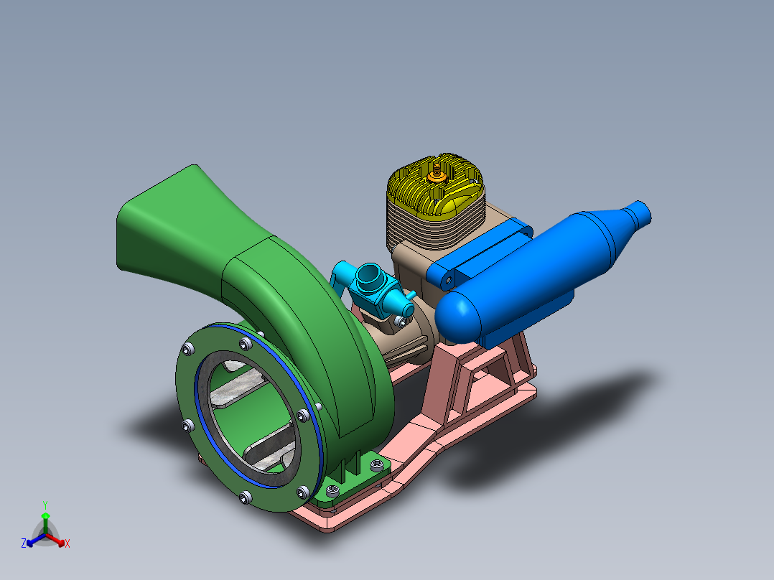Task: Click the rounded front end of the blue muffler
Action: coord(454,319)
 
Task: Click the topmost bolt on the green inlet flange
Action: coord(246,345)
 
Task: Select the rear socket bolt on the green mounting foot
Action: coord(376,466)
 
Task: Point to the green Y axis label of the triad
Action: coord(45,505)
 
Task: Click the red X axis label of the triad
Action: coord(67,544)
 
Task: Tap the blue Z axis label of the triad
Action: coord(24,544)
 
